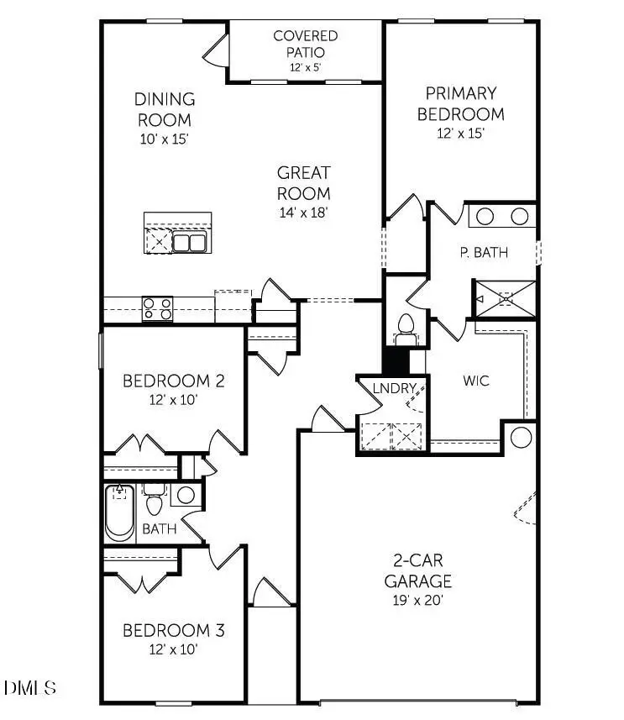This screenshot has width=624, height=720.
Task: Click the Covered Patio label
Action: tap(306, 44)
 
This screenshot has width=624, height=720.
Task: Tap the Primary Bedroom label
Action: tap(461, 103)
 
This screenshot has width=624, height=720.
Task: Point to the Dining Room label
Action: tap(165, 109)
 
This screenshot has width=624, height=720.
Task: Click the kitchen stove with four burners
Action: tap(157, 309)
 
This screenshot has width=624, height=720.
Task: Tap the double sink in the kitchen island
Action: tap(190, 243)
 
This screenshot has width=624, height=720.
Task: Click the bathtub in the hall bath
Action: tap(119, 512)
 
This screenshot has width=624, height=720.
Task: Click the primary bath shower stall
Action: tap(504, 298)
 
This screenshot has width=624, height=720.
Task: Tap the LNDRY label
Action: tap(391, 387)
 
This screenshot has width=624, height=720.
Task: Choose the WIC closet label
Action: tap(475, 381)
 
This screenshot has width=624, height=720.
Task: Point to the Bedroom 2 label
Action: tap(173, 381)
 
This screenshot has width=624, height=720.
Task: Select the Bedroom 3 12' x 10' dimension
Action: tap(173, 649)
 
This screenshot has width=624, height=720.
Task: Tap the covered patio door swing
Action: tap(217, 52)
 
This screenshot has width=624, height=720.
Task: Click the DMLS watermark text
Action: tap(30, 688)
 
